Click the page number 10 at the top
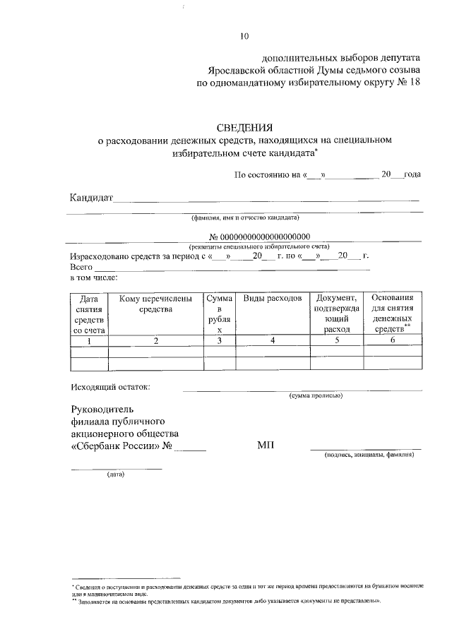[x=244, y=36]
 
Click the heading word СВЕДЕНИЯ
[x=245, y=128]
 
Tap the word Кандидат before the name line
[x=91, y=197]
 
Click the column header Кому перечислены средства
[x=155, y=304]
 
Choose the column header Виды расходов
[x=273, y=299]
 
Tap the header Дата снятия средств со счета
[x=89, y=314]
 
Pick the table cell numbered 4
[x=272, y=341]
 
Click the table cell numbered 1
[x=89, y=341]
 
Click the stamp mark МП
[x=266, y=446]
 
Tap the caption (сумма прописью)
[x=316, y=396]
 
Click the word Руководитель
[x=102, y=409]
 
